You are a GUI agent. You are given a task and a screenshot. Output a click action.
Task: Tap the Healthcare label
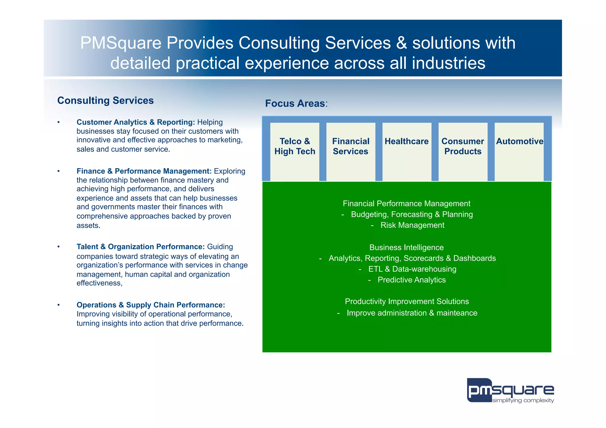[x=407, y=141]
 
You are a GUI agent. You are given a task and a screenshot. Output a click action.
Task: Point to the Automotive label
[x=520, y=141]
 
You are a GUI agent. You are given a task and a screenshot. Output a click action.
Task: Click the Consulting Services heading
[x=105, y=101]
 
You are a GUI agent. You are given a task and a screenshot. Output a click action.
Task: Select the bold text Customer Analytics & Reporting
[x=136, y=122]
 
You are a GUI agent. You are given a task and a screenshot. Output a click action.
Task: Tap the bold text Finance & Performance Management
[x=144, y=171]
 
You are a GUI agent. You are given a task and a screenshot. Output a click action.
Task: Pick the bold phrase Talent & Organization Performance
[x=141, y=247]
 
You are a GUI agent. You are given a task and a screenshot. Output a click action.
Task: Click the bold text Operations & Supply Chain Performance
[x=151, y=305]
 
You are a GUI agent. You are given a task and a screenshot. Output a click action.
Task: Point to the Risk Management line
[x=412, y=225]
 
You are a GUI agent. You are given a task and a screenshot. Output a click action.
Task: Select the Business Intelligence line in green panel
[x=407, y=247]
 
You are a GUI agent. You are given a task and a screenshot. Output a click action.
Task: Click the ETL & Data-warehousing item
[x=412, y=269]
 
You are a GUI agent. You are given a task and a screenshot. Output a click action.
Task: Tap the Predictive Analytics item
[x=412, y=280]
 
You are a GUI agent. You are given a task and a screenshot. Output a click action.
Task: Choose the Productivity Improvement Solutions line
[x=407, y=301]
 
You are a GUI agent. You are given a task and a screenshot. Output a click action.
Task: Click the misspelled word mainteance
[x=457, y=313]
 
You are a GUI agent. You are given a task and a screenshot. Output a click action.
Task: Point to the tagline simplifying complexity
[x=523, y=400]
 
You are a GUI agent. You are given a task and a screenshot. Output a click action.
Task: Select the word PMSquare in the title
[x=120, y=43]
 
